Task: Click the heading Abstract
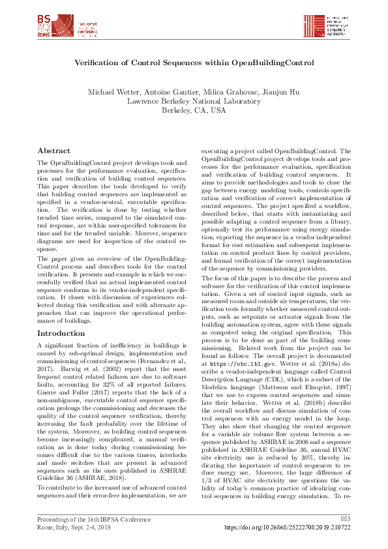tap(54, 150)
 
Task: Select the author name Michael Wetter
tap(112, 92)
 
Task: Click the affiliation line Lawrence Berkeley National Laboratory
tap(194, 101)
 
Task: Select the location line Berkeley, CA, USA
tap(194, 110)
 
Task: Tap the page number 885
tap(345, 519)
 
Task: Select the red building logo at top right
tap(314, 25)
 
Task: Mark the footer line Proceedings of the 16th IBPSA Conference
tap(94, 519)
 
